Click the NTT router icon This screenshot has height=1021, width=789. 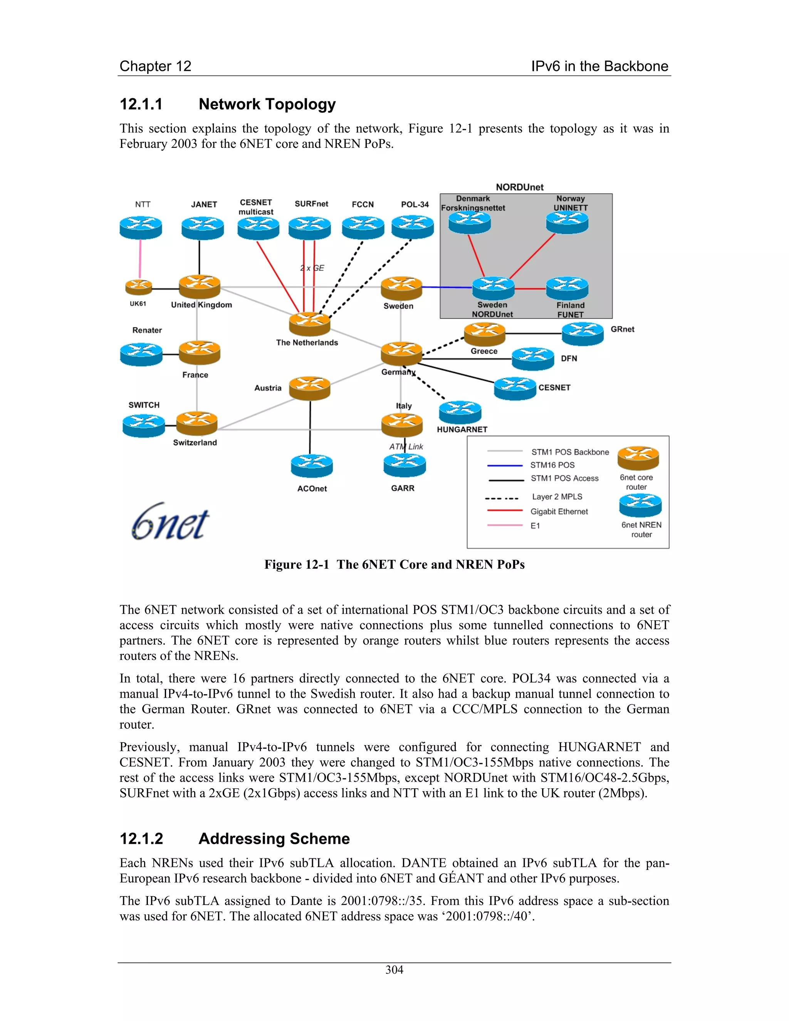[x=141, y=228]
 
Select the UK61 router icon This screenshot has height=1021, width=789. [x=138, y=287]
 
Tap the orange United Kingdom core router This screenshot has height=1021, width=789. [x=200, y=286]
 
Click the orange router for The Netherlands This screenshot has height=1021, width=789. [x=309, y=324]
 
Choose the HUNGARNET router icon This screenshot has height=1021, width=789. [x=460, y=412]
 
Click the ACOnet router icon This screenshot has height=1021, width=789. [x=312, y=466]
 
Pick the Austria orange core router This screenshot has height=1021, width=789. [x=309, y=388]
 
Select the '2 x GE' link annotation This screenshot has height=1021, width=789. [x=312, y=268]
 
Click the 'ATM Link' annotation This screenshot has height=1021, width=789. [x=406, y=447]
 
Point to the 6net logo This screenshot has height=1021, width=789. [x=170, y=522]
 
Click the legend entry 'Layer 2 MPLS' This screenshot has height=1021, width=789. [x=557, y=497]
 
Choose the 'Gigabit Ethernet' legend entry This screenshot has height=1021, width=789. [x=559, y=511]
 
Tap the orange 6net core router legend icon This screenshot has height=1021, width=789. [x=638, y=458]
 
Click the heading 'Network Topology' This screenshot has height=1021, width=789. [x=267, y=104]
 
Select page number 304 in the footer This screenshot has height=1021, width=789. [x=394, y=970]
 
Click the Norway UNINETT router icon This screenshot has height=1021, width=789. [x=567, y=222]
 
